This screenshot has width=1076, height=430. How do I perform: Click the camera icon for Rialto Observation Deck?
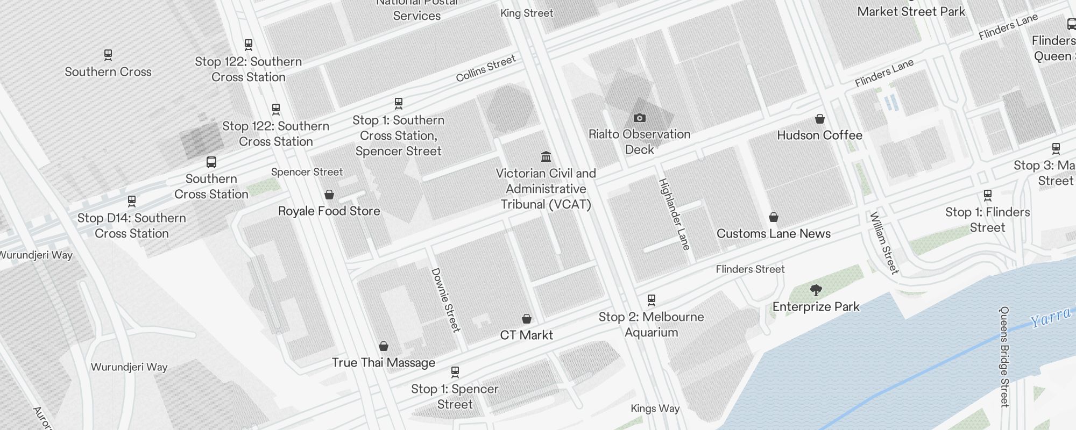pyautogui.click(x=639, y=118)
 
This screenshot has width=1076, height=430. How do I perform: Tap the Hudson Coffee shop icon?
pyautogui.click(x=819, y=119)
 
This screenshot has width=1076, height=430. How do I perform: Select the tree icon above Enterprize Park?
pyautogui.click(x=816, y=291)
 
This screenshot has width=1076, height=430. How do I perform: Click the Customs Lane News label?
pyautogui.click(x=773, y=233)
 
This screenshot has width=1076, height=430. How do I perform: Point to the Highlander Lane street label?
pyautogui.click(x=674, y=214)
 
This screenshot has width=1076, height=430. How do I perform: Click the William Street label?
pyautogui.click(x=884, y=243)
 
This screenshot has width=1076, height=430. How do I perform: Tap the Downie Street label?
pyautogui.click(x=446, y=300)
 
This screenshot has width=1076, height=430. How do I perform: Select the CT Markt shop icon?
pyautogui.click(x=526, y=319)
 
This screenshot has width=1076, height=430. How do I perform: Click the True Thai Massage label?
pyautogui.click(x=383, y=363)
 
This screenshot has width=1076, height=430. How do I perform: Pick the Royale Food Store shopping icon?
pyautogui.click(x=329, y=195)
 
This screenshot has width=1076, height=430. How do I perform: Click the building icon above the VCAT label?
pyautogui.click(x=546, y=157)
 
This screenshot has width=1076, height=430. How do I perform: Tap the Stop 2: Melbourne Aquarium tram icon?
pyautogui.click(x=651, y=300)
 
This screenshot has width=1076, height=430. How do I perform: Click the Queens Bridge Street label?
pyautogui.click(x=1004, y=356)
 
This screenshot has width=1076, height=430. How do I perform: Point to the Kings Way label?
pyautogui.click(x=655, y=408)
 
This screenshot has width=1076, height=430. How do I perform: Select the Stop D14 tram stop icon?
pyautogui.click(x=131, y=202)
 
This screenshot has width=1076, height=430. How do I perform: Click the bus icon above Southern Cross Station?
pyautogui.click(x=211, y=162)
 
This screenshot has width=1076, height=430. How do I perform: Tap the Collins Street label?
pyautogui.click(x=485, y=69)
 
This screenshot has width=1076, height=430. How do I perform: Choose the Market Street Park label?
pyautogui.click(x=911, y=11)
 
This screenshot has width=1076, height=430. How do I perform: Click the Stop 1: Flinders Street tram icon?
pyautogui.click(x=987, y=195)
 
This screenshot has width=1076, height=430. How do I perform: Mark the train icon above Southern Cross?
pyautogui.click(x=108, y=55)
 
